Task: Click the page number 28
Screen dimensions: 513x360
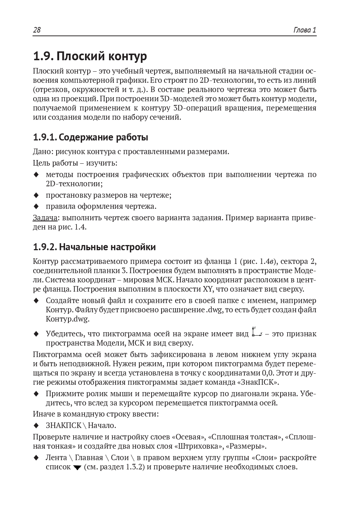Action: (x=37, y=30)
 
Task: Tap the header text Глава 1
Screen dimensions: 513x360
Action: (x=305, y=30)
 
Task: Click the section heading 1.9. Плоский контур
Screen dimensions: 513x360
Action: (x=90, y=56)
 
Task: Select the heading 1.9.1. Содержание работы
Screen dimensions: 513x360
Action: (x=90, y=137)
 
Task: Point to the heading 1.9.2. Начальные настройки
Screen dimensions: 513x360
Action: (x=94, y=247)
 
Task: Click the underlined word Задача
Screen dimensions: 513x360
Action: (x=45, y=218)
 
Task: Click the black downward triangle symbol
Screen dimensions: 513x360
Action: (x=77, y=468)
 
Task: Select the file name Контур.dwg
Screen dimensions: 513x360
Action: (x=68, y=319)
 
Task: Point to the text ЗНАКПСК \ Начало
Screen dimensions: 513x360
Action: (x=81, y=425)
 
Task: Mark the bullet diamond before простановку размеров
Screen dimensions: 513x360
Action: (x=36, y=195)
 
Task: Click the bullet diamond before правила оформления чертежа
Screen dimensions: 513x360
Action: (x=36, y=206)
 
